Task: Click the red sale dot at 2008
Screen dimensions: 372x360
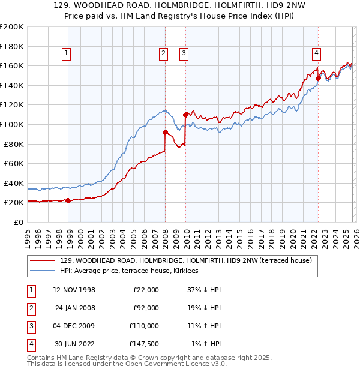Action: point(165,132)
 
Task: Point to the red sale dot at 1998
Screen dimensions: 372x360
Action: point(68,201)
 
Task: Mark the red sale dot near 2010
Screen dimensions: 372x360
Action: point(185,114)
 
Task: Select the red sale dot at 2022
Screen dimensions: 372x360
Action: point(318,77)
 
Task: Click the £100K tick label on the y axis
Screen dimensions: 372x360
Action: point(12,124)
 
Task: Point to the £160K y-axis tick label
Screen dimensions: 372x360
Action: point(12,65)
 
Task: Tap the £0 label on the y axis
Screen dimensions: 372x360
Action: point(18,222)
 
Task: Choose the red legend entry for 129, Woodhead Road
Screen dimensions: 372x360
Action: point(186,261)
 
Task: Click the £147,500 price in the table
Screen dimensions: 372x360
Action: point(144,344)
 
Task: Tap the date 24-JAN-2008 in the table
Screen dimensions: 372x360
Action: point(75,308)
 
